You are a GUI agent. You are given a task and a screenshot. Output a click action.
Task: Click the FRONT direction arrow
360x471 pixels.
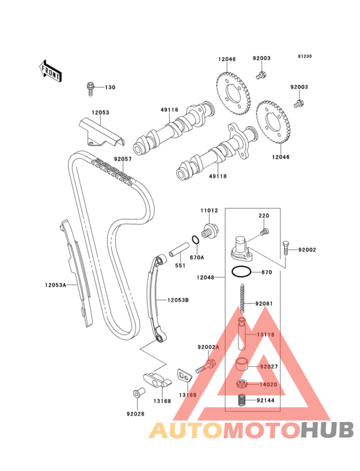click(x=50, y=71)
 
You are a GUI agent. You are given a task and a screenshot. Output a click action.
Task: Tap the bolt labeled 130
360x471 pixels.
click(x=90, y=88)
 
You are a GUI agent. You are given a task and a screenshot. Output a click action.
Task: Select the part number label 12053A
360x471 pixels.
click(x=55, y=285)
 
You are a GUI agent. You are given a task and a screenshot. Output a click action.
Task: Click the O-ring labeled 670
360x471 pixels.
click(x=241, y=272)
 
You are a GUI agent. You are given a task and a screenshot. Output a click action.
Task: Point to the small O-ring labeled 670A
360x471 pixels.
click(x=195, y=240)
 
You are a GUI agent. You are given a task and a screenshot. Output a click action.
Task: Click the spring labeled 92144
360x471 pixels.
click(x=242, y=400)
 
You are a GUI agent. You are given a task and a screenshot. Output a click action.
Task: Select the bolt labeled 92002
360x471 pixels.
click(x=286, y=248)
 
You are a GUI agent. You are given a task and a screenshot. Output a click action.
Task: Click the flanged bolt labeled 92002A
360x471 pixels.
click(x=206, y=367)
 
